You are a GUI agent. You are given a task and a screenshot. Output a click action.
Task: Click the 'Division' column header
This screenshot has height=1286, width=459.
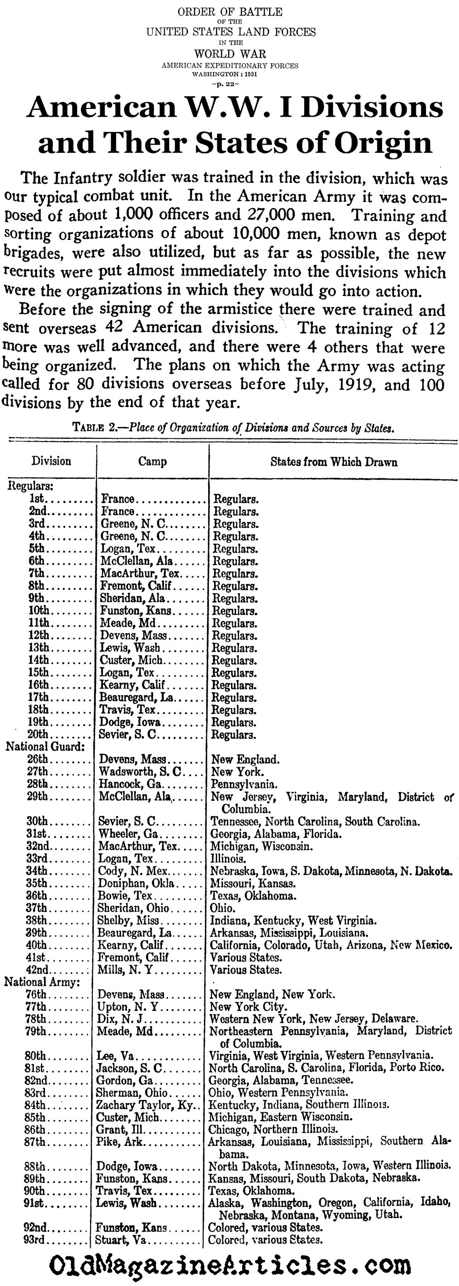click(x=51, y=461)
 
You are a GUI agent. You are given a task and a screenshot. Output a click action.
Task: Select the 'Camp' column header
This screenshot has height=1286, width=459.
click(x=153, y=461)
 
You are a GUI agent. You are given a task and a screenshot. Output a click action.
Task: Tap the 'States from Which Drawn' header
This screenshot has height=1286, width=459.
click(x=334, y=462)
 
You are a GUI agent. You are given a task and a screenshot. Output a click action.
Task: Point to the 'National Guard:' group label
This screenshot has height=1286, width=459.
click(x=45, y=747)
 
